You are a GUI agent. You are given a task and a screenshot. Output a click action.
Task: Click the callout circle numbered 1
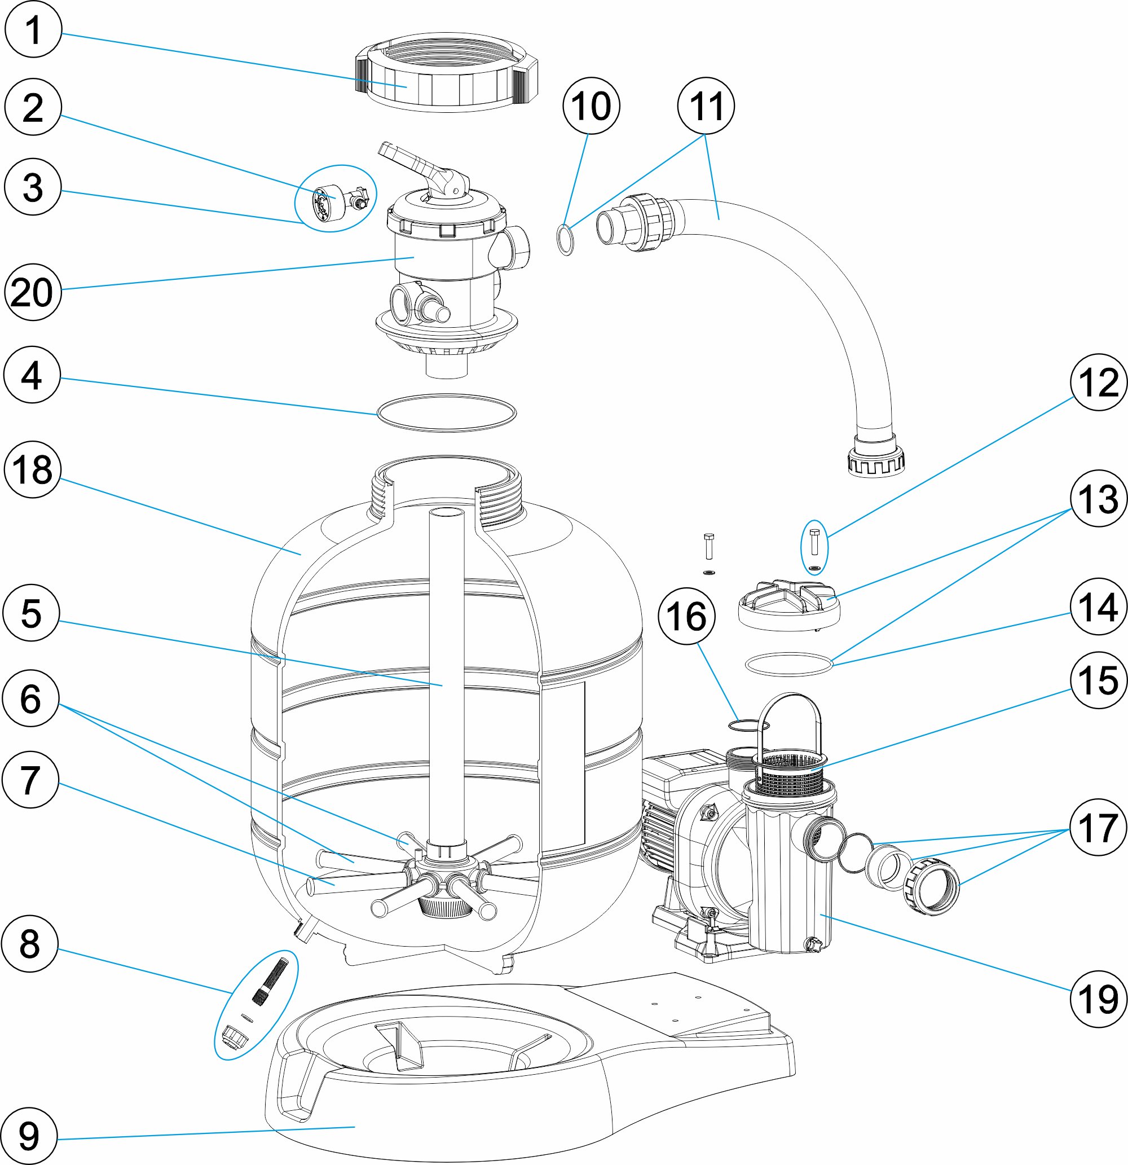33,29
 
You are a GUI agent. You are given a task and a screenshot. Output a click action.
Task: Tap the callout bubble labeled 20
33,292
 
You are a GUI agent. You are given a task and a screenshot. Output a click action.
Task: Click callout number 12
1098,381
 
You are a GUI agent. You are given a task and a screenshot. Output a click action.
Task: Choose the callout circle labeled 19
1098,998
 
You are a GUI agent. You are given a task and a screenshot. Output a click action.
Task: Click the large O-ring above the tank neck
447,412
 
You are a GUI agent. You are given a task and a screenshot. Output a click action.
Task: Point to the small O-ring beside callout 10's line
566,239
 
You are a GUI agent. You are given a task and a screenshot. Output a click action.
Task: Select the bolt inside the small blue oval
814,541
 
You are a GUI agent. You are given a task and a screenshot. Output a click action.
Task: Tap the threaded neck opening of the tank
447,476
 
